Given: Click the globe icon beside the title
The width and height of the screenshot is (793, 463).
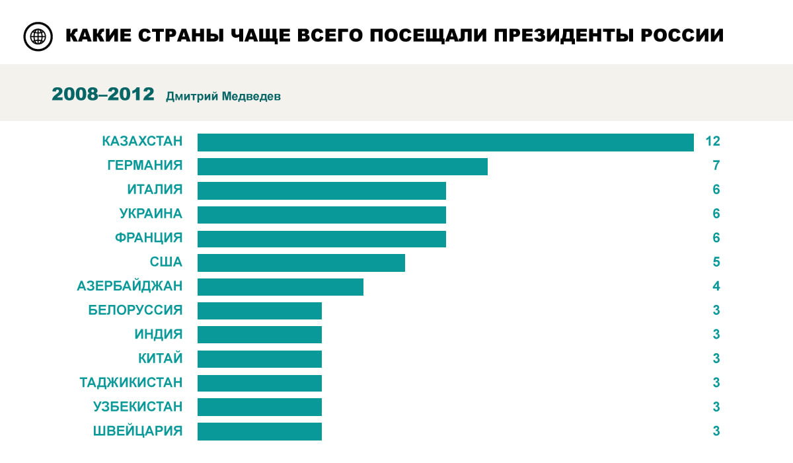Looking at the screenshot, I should pyautogui.click(x=38, y=36).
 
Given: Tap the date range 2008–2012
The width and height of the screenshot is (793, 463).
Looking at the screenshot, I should pyautogui.click(x=103, y=95).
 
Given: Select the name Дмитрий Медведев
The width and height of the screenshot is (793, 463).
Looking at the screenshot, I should pyautogui.click(x=223, y=97).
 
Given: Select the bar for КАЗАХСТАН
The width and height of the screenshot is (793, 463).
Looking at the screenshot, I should pyautogui.click(x=445, y=142).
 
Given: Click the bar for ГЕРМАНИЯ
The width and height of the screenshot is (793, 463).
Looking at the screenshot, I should pyautogui.click(x=342, y=167).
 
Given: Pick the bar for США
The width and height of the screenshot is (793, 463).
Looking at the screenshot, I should pyautogui.click(x=301, y=263).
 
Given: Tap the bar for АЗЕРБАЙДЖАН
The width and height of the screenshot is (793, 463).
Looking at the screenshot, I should pyautogui.click(x=280, y=287).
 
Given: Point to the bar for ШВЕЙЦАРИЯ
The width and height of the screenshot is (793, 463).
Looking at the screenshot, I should pyautogui.click(x=260, y=431).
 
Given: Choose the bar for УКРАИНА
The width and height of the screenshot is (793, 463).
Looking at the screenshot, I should pyautogui.click(x=322, y=215).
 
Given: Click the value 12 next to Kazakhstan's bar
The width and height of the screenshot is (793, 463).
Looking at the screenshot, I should pyautogui.click(x=712, y=142).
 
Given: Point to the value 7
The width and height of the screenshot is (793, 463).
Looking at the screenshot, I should pyautogui.click(x=716, y=166).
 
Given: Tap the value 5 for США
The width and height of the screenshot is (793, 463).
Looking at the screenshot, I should pyautogui.click(x=716, y=263).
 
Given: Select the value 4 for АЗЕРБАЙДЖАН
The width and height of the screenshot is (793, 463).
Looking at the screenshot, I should pyautogui.click(x=716, y=287).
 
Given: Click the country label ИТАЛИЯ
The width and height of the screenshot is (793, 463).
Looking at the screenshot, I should pyautogui.click(x=155, y=190).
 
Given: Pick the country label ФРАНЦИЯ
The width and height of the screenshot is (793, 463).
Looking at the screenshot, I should pyautogui.click(x=149, y=238).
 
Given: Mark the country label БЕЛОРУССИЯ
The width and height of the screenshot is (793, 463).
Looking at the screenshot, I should pyautogui.click(x=135, y=310).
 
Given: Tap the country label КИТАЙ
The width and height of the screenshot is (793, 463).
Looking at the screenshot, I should pyautogui.click(x=160, y=358).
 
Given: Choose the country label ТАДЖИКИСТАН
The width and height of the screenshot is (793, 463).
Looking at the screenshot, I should pyautogui.click(x=131, y=383).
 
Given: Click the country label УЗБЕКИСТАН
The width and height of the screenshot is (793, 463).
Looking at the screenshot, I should pyautogui.click(x=137, y=407).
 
